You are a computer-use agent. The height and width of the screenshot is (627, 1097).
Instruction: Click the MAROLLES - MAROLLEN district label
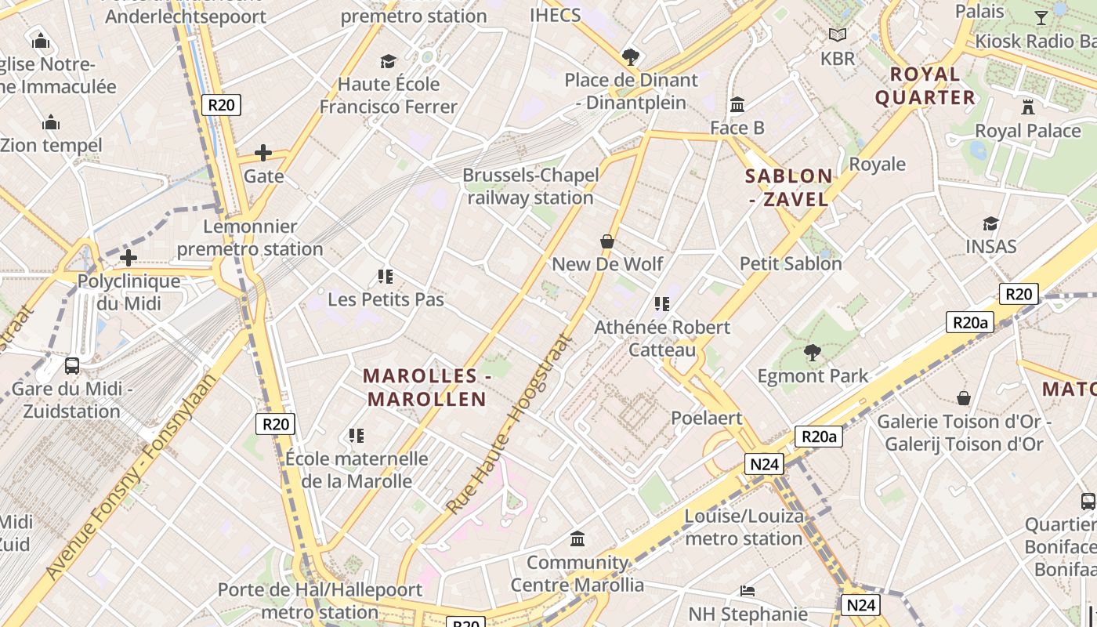click(x=427, y=387)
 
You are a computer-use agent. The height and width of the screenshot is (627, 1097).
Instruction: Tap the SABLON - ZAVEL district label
click(x=788, y=187)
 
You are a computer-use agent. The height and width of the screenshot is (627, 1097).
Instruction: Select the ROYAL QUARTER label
click(x=925, y=86)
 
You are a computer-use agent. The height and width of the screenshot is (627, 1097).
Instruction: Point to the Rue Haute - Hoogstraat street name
click(x=510, y=424)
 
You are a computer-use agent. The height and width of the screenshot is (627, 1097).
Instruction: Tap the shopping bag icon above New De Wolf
click(x=607, y=241)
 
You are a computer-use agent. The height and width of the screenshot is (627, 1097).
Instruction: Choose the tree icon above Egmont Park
click(x=813, y=353)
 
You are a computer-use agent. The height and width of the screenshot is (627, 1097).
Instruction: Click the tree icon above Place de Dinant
click(x=630, y=56)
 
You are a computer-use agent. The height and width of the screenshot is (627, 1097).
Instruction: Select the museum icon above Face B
click(x=737, y=104)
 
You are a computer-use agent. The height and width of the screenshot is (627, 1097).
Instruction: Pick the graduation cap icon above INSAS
click(x=990, y=224)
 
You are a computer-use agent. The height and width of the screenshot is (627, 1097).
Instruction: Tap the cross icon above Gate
click(x=263, y=153)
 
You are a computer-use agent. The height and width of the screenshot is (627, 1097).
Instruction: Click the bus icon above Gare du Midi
click(x=72, y=365)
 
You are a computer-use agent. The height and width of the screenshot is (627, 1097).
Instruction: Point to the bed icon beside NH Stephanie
click(x=748, y=590)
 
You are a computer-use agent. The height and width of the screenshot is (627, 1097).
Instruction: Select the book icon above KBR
click(x=838, y=34)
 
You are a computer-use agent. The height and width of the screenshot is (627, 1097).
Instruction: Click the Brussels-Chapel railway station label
click(x=530, y=187)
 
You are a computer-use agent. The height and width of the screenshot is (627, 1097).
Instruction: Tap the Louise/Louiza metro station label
click(x=744, y=527)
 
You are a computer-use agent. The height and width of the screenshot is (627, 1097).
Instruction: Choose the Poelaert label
click(x=707, y=418)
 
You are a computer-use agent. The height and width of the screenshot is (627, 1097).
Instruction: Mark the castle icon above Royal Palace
click(x=1027, y=107)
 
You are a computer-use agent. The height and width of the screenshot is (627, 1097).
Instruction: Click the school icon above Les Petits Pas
click(x=386, y=276)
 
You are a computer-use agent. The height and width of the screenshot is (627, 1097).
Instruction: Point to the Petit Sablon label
click(x=791, y=263)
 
